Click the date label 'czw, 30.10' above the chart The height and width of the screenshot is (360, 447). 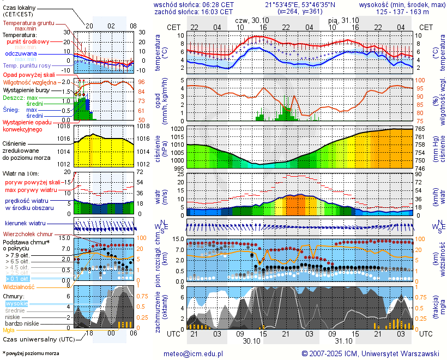tap(252, 20)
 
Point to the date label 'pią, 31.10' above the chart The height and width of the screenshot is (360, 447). tap(343, 20)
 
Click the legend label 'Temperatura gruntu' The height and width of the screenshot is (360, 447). tap(29, 23)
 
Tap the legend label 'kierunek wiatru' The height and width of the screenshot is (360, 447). tap(25, 224)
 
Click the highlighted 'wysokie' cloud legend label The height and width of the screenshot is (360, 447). tap(17, 303)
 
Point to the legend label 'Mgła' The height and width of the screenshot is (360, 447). tap(9, 330)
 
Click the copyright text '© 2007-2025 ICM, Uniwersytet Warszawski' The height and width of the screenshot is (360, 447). tap(370, 353)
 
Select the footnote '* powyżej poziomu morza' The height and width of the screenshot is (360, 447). tap(31, 353)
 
